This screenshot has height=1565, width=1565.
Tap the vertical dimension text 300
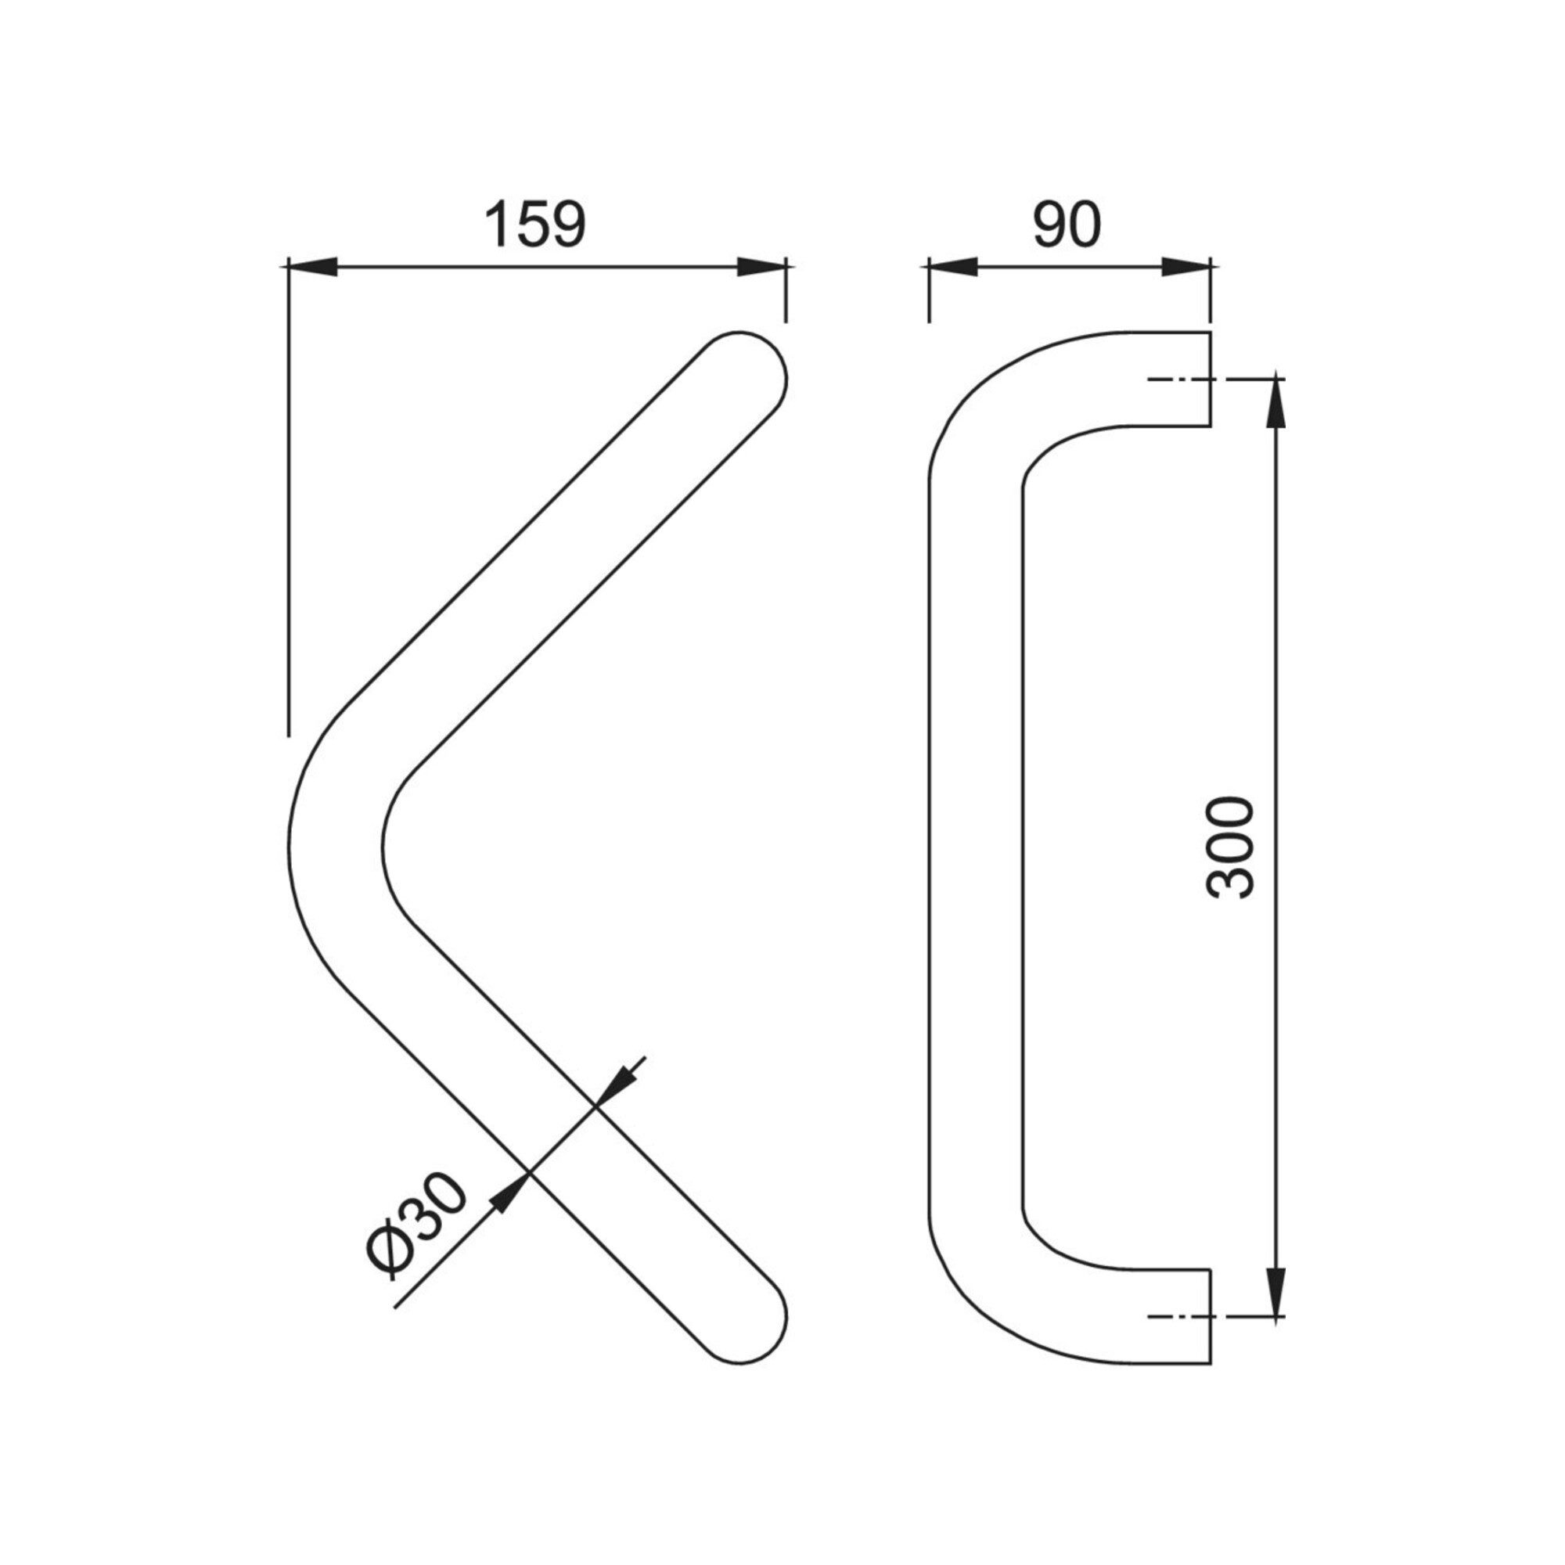[1229, 847]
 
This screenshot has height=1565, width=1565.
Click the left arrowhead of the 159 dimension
[313, 267]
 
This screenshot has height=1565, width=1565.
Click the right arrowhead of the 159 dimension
[761, 267]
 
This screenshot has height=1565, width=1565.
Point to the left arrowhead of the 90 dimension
[953, 267]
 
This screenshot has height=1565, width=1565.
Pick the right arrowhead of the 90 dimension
[1186, 267]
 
